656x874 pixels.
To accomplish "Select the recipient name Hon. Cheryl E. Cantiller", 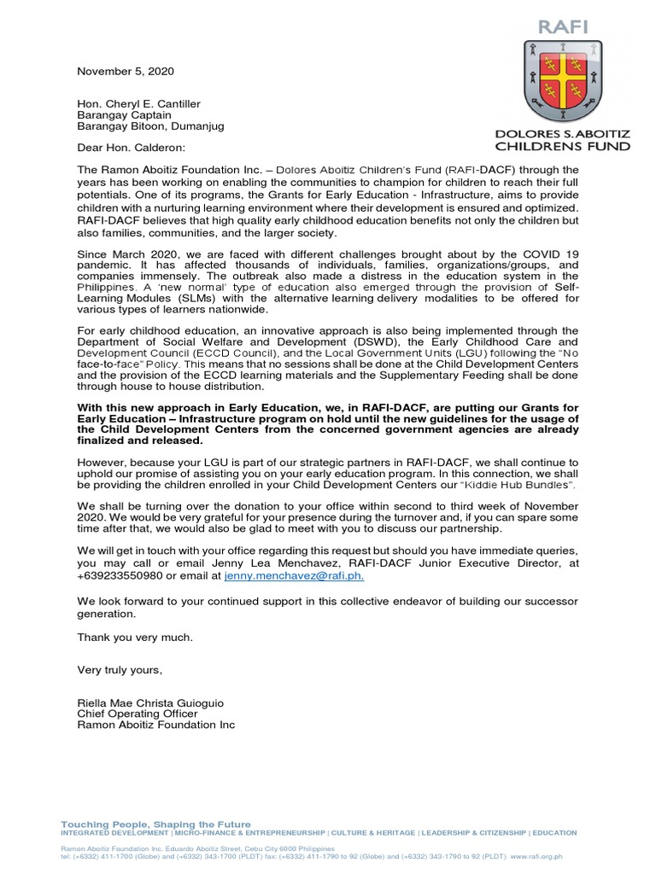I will pyautogui.click(x=139, y=103).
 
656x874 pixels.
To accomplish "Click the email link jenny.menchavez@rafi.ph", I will pyautogui.click(x=294, y=576).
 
